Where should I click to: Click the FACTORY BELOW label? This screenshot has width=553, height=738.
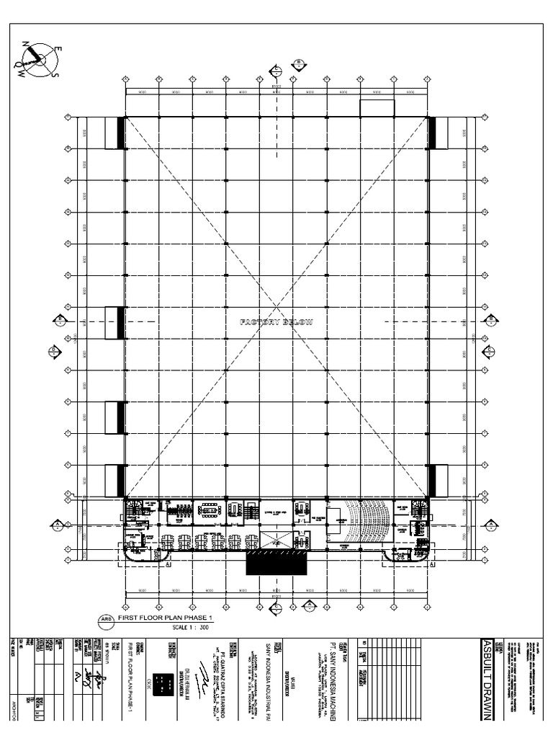click(276, 322)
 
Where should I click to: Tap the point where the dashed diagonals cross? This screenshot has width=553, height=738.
click(276, 306)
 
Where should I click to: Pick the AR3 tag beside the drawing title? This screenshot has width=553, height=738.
click(104, 620)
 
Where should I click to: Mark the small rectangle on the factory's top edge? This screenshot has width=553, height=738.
click(377, 108)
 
